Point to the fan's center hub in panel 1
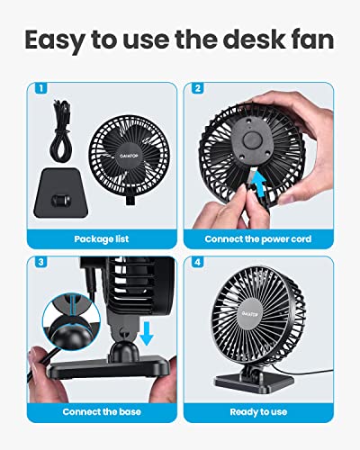(127, 153)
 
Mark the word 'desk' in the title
(250, 41)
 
